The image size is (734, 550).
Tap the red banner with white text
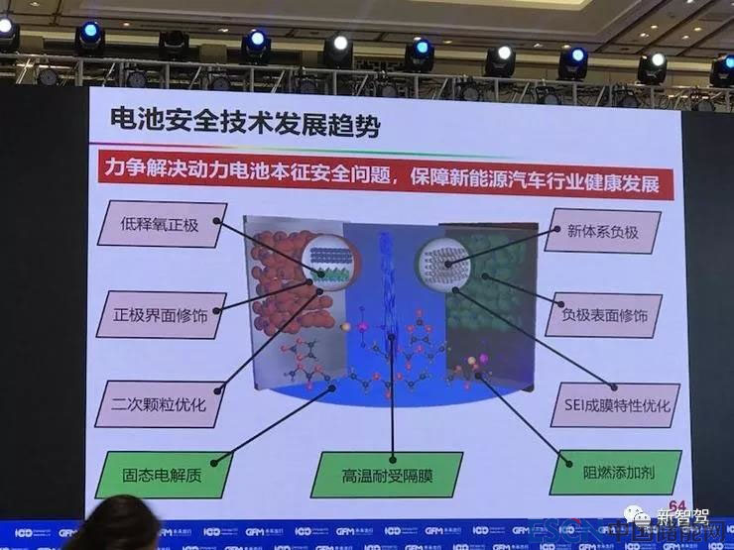point(388,176)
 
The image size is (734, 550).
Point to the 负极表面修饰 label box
point(612,315)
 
